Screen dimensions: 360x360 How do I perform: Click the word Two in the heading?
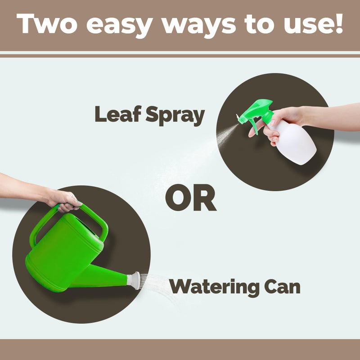(47, 24)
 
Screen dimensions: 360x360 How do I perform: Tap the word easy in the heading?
(120, 26)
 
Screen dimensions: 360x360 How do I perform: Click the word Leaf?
(118, 114)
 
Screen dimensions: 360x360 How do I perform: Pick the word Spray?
(175, 116)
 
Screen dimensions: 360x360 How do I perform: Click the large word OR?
(191, 198)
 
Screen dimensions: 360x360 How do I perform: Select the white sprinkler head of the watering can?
(134, 280)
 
